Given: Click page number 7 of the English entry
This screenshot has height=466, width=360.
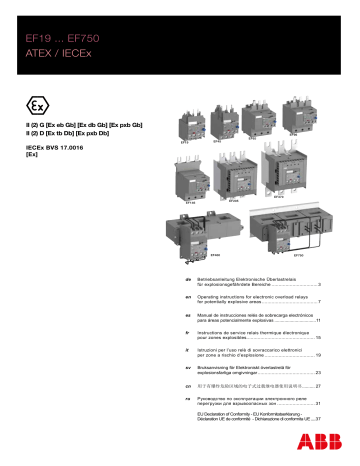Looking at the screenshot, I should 317,301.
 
